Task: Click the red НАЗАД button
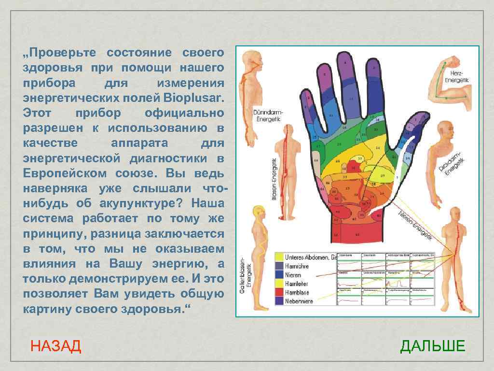click(55, 346)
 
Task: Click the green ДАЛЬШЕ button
click(433, 346)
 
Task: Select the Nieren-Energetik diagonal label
click(415, 225)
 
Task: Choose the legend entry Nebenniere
click(299, 301)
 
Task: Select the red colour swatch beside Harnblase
click(279, 292)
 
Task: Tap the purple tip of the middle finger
click(344, 60)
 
